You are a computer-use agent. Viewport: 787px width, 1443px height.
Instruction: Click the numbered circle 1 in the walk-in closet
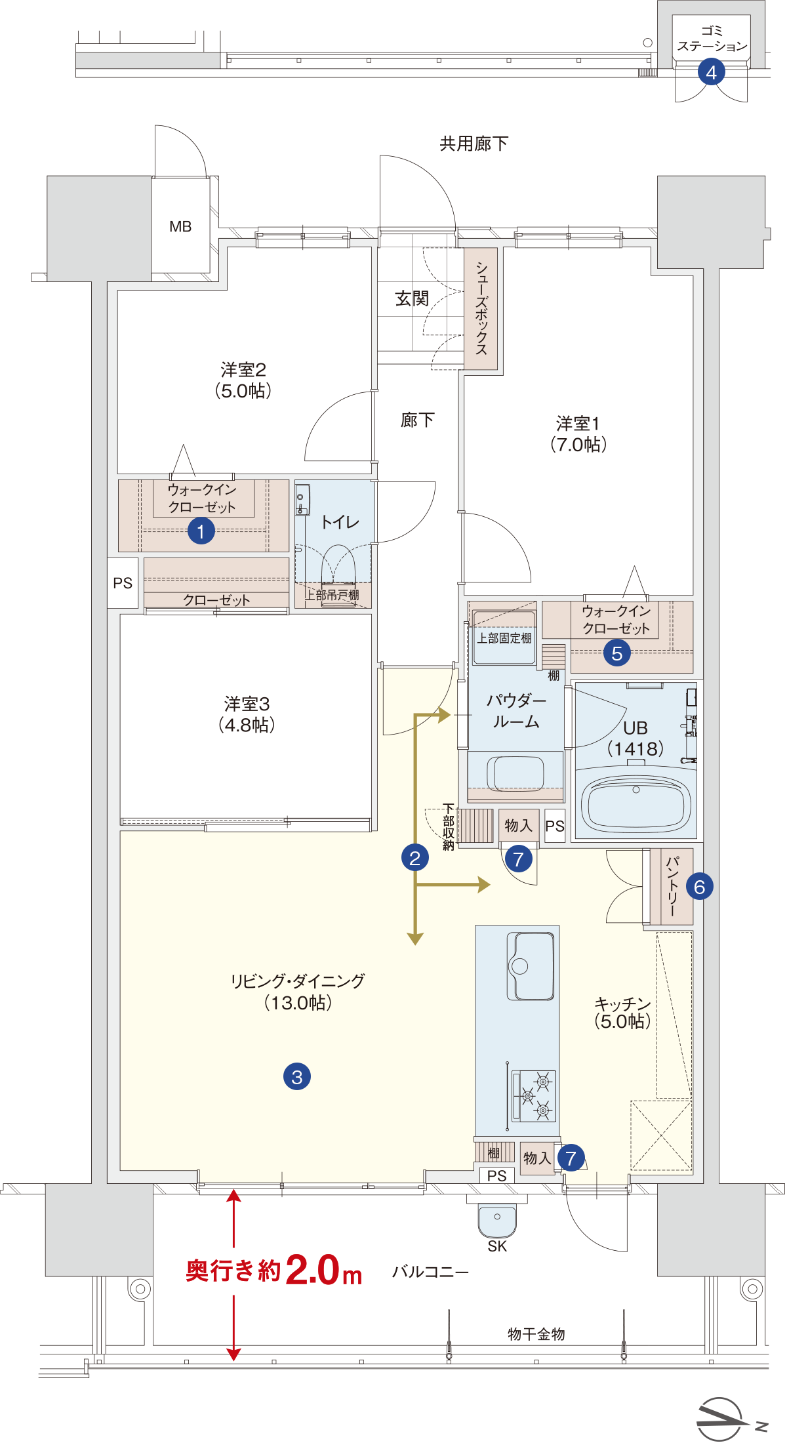[x=201, y=531]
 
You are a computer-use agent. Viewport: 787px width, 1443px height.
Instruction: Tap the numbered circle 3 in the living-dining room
[x=297, y=1076]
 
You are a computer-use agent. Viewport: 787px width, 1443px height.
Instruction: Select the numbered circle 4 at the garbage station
[x=712, y=72]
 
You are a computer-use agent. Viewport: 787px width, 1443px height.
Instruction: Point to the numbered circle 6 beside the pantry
[x=699, y=887]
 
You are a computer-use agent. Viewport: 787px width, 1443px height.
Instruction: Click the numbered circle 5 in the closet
[x=616, y=653]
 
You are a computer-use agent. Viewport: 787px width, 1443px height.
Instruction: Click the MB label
[x=180, y=227]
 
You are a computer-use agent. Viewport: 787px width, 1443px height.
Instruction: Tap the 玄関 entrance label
[x=412, y=299]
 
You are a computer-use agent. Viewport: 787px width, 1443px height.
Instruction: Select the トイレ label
[x=340, y=522]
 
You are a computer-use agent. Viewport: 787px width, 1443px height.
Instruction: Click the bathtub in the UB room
[x=636, y=804]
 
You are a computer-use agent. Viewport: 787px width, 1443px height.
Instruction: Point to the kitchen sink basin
[x=531, y=965]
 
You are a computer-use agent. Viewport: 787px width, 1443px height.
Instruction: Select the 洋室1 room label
[x=578, y=423]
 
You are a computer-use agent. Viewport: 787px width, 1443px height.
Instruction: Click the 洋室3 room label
[x=247, y=704]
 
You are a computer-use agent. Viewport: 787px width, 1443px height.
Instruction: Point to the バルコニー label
[x=431, y=1272]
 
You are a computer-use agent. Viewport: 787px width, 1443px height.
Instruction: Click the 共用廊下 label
[x=474, y=144]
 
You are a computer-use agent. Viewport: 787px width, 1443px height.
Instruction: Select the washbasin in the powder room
[x=515, y=773]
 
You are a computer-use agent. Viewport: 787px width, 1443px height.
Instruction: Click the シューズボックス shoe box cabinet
[x=481, y=308]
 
